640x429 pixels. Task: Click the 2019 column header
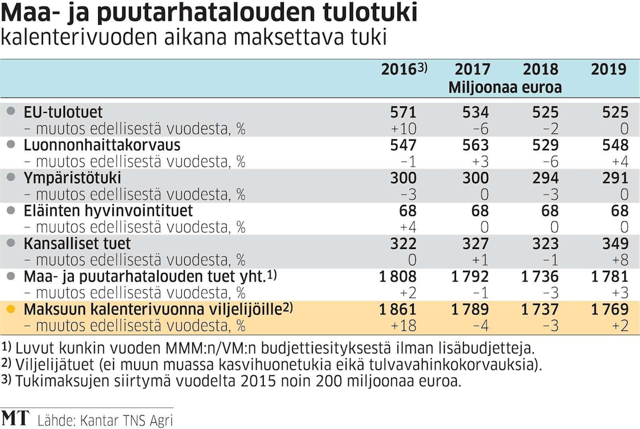609,69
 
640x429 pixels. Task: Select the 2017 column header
472,69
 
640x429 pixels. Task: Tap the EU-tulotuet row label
63,112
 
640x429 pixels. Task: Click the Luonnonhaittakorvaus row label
102,145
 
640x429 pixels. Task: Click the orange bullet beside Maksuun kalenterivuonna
10,309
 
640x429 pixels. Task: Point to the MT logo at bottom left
15,418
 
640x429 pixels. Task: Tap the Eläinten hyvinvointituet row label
108,211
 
